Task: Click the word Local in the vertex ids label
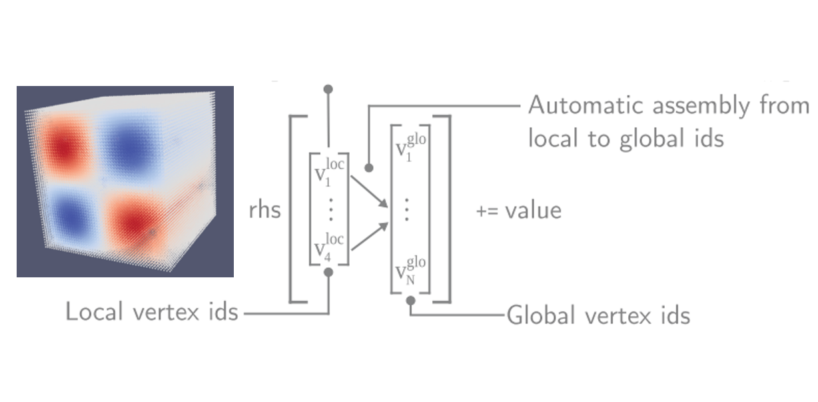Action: tap(92, 311)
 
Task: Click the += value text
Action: tap(519, 211)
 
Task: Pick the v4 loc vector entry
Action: tap(328, 247)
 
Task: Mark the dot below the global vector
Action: tap(411, 301)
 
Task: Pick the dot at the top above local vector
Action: tap(328, 89)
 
